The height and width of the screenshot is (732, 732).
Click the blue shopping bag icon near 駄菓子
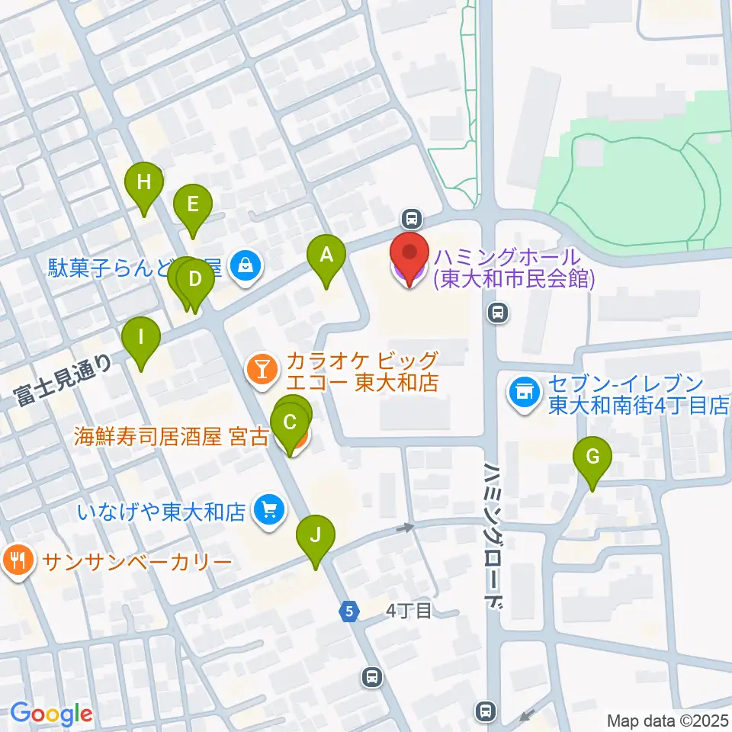tap(246, 266)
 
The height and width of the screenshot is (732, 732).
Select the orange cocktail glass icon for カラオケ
tap(262, 370)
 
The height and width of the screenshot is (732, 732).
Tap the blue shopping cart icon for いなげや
tap(268, 509)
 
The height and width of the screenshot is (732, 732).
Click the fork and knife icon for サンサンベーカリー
tap(17, 561)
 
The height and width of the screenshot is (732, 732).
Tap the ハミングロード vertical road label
tap(494, 534)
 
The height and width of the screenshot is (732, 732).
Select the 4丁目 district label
tap(409, 610)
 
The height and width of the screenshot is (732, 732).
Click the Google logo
tap(51, 714)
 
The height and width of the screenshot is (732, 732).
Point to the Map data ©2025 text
tap(668, 719)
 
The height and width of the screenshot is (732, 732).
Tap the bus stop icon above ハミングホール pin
tap(412, 220)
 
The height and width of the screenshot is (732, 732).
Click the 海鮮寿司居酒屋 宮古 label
tap(171, 437)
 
